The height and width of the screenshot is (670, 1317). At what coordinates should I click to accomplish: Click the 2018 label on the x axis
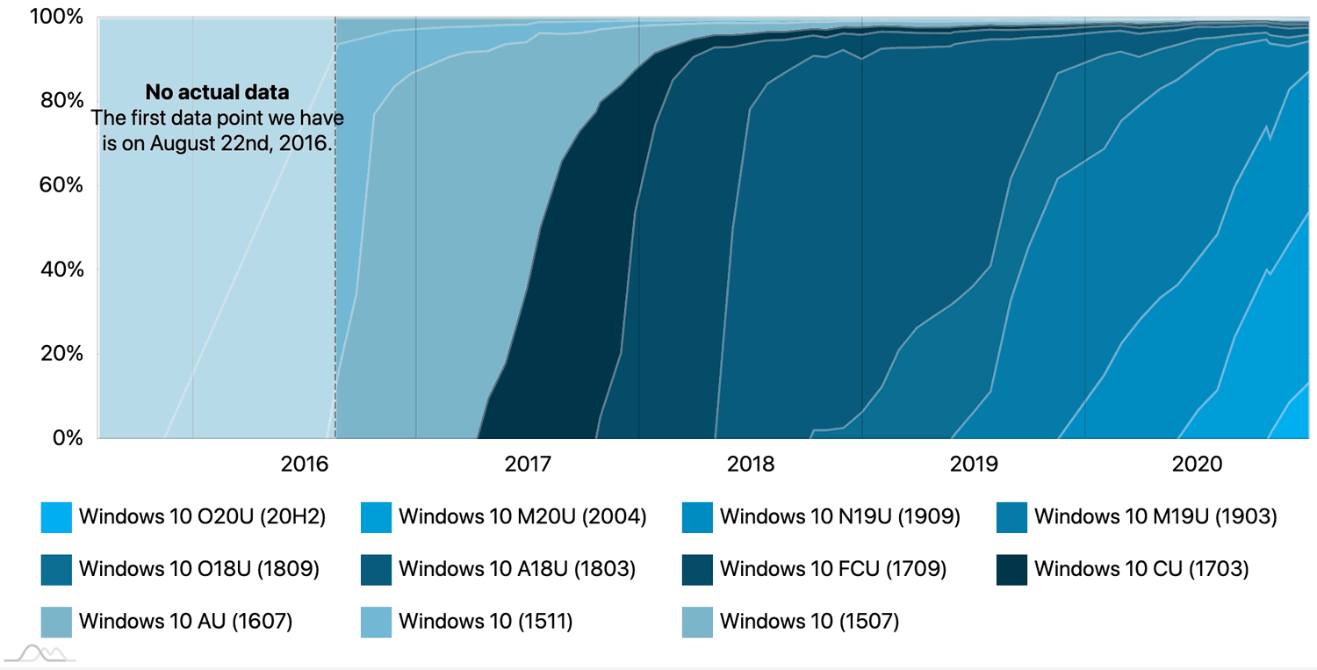[x=751, y=465]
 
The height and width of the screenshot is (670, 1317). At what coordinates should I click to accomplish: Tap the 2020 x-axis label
[x=1197, y=465]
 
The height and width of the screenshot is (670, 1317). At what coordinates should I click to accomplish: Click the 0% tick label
[x=67, y=437]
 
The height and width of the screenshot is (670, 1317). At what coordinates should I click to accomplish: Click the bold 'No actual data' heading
[x=217, y=92]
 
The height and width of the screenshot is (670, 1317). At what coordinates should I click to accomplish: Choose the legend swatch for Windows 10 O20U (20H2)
[x=56, y=518]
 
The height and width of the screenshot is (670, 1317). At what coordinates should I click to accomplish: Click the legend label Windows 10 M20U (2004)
[x=522, y=517]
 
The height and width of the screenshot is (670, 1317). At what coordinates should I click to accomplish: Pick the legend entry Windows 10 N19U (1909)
[x=839, y=517]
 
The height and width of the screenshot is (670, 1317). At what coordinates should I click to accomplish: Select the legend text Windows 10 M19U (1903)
[x=1155, y=517]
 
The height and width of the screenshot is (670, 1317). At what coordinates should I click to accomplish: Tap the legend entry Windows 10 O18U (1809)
[x=198, y=569]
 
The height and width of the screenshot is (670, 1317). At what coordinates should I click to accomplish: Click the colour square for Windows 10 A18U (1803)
[x=376, y=570]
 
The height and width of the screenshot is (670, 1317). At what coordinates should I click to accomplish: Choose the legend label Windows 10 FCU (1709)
[x=832, y=569]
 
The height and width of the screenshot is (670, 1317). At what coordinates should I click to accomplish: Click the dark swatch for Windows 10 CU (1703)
[x=1012, y=570]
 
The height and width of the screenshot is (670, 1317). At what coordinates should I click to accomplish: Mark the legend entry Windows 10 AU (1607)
[x=185, y=622]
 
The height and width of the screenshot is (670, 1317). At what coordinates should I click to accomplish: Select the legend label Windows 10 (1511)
[x=486, y=622]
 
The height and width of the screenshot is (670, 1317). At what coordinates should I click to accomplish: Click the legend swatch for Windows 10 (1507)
[x=697, y=622]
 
